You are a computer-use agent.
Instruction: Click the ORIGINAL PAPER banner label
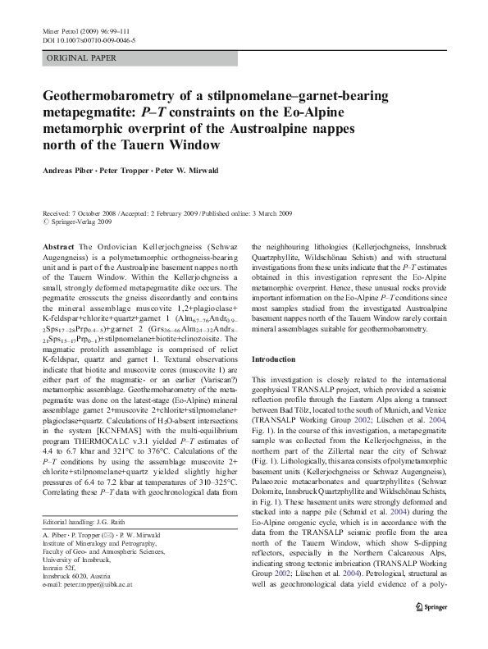(x=81, y=58)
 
